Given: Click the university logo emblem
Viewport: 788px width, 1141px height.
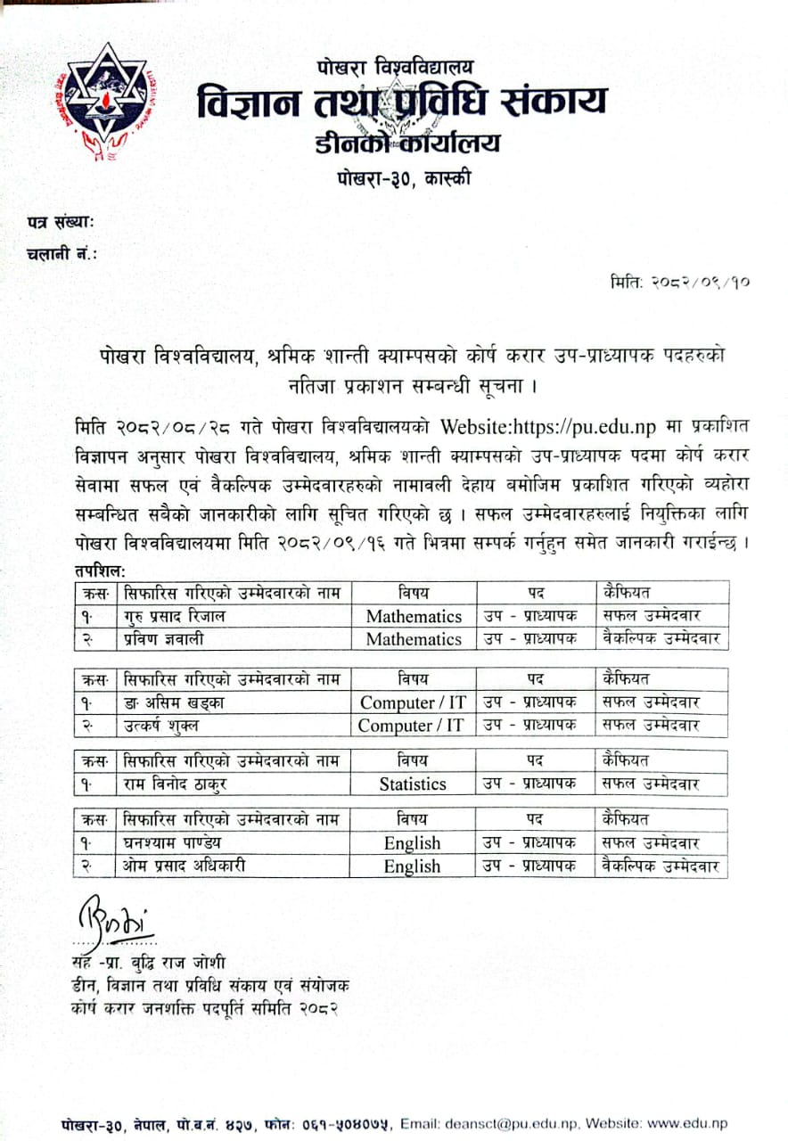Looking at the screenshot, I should point(105,102).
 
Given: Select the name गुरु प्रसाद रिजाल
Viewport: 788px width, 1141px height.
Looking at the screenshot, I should point(176,616).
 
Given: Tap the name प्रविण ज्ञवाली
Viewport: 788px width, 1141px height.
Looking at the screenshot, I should point(168,639).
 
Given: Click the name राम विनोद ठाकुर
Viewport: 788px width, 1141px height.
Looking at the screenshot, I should point(174,784).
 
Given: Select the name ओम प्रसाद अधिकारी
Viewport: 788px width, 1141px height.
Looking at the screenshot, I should point(185,866).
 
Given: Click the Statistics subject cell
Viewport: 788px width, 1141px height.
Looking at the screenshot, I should point(413,784).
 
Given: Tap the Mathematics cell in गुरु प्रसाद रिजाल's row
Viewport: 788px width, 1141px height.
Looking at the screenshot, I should point(414,616).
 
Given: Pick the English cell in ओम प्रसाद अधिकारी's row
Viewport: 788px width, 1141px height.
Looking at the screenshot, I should point(413,866).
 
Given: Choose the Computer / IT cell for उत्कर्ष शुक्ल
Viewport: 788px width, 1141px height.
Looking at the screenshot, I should point(411,726).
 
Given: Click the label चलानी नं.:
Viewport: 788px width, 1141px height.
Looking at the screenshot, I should point(62,253).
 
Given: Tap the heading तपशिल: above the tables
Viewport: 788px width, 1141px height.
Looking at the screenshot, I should point(99,570).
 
